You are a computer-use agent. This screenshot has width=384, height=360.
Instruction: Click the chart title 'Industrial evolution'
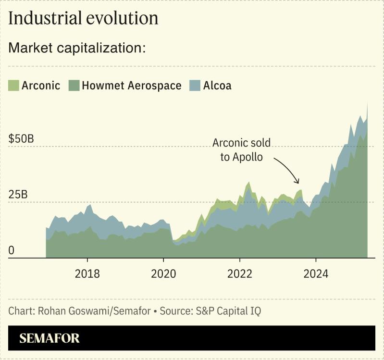point(83,18)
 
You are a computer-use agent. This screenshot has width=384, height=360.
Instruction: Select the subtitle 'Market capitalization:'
point(77,48)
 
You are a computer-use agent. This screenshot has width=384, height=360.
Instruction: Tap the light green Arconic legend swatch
point(13,86)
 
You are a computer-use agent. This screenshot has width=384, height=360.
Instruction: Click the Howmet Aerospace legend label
point(131,86)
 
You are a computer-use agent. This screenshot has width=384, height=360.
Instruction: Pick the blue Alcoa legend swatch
point(195,86)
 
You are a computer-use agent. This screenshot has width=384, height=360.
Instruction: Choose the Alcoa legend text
point(217,86)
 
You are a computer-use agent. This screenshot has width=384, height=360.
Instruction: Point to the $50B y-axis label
point(21,139)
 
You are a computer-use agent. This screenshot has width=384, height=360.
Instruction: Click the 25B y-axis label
point(18,195)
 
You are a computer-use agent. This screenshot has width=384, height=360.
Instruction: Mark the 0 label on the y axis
point(12,250)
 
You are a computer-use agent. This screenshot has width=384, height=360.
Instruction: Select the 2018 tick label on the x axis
point(87,274)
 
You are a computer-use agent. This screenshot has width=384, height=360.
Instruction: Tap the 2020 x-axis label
point(163,274)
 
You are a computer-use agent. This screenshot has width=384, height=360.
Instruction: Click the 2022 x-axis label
point(240,274)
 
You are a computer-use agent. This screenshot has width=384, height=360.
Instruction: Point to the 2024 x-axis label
point(316,274)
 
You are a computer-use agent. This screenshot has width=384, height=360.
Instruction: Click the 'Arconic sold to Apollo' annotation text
point(241,150)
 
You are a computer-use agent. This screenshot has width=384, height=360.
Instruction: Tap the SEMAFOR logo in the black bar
point(50,338)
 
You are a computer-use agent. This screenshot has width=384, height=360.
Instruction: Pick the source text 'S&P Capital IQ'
point(228,311)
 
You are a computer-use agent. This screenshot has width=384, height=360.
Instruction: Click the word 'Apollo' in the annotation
point(248,157)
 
